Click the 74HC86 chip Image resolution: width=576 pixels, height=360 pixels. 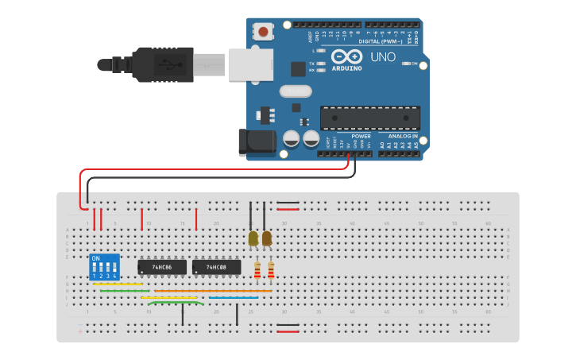162,267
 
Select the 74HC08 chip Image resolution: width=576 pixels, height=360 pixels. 216,267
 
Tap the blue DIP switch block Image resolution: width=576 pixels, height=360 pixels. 105,266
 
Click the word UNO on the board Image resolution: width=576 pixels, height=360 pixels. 383,57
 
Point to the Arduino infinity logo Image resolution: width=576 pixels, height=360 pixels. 346,57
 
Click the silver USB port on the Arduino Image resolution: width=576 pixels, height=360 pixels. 249,64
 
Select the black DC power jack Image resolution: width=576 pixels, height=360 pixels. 257,142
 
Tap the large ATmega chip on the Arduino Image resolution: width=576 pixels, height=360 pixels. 369,118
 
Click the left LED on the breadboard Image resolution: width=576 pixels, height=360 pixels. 253,238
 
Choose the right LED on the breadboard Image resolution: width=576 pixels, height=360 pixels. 267,238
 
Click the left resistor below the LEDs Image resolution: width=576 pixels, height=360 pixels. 257,271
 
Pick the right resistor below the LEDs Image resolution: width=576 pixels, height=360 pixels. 271,271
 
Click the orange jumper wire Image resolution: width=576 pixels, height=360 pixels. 213,291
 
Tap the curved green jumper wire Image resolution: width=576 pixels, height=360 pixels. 173,302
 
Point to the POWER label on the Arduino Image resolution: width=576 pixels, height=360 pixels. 361,136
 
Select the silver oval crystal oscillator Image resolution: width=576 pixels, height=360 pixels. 295,91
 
